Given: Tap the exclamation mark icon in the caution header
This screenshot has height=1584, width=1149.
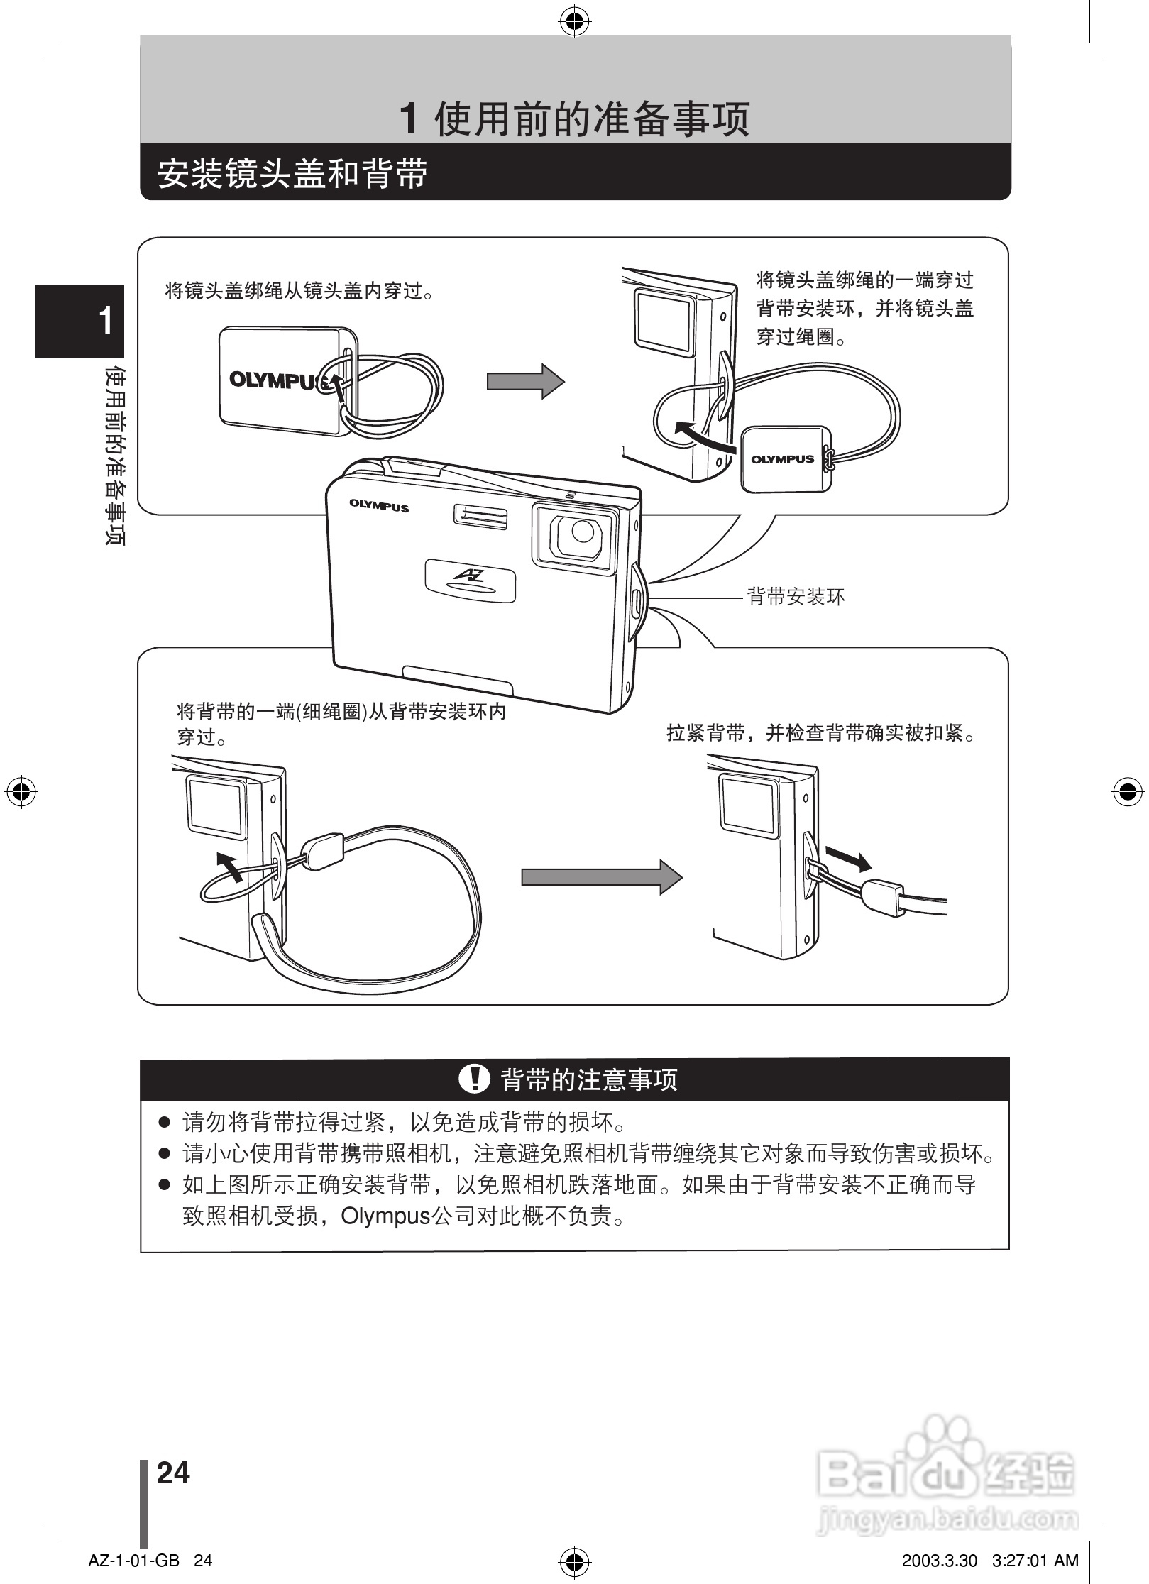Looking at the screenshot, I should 474,1079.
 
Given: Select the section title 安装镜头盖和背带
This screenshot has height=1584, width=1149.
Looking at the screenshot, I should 292,172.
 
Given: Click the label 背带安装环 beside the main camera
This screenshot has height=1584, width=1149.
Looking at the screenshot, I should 796,597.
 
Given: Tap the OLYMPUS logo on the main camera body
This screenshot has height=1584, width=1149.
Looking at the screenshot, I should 378,506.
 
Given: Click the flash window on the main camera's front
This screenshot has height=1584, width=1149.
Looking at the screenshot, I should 480,517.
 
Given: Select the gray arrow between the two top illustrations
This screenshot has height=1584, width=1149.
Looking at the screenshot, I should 525,381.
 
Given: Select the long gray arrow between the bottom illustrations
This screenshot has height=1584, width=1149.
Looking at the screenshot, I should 601,877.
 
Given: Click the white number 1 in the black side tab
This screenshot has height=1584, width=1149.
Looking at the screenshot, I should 106,321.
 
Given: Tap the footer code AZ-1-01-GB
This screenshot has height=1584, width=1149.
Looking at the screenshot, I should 133,1560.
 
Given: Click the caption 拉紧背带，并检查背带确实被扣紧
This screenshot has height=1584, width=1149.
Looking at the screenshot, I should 821,733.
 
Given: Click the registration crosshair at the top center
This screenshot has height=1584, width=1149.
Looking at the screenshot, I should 574,23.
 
